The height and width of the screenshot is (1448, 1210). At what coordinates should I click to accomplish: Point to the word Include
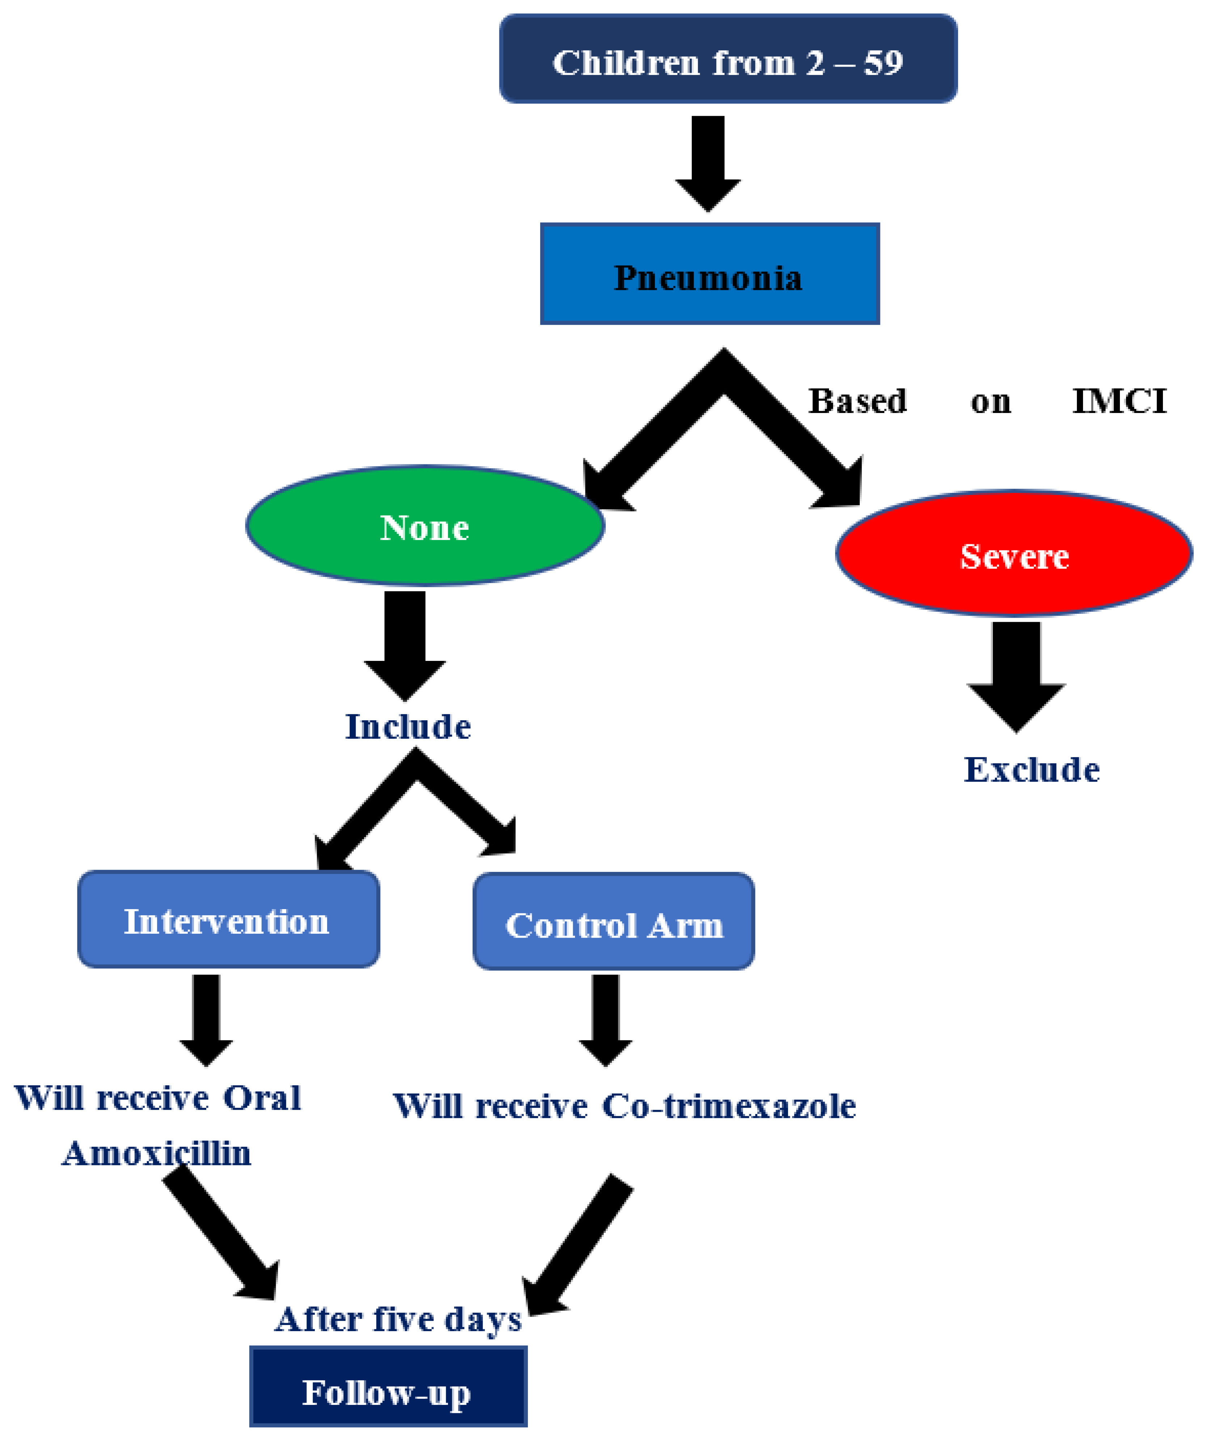point(407,727)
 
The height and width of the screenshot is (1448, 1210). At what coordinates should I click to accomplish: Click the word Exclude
point(1031,769)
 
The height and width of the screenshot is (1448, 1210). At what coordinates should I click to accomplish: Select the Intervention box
point(228,920)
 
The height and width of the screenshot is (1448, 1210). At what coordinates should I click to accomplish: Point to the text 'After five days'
point(398,1318)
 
